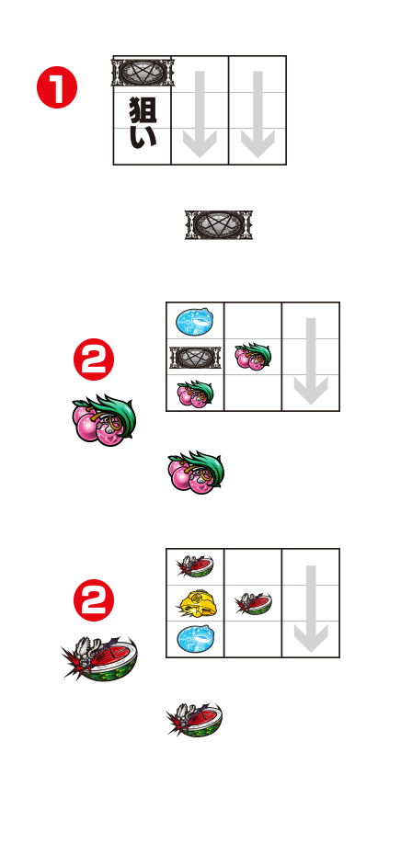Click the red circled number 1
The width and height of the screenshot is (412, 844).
tap(57, 87)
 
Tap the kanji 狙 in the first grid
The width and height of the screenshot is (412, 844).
tap(143, 109)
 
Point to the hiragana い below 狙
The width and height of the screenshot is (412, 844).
tap(143, 137)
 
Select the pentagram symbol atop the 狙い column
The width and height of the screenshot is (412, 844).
tap(143, 72)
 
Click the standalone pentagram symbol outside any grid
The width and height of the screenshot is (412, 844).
tap(219, 225)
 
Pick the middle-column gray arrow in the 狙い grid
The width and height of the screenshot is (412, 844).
tap(200, 114)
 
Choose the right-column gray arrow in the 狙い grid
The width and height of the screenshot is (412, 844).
tap(257, 114)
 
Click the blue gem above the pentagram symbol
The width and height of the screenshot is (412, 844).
tap(194, 321)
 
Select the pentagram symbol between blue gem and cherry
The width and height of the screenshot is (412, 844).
tap(195, 358)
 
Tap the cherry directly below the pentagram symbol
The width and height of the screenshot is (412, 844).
tap(195, 393)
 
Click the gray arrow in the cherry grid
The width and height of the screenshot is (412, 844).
tap(311, 361)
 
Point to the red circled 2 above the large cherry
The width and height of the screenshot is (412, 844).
tap(94, 359)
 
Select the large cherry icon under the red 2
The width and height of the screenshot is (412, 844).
tap(104, 420)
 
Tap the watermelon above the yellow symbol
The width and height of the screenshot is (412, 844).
tap(194, 566)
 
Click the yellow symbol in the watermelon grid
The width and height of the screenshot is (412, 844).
tap(194, 603)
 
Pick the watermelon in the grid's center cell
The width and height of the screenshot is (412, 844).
tap(253, 603)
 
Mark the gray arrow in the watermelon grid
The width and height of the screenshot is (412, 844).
tap(311, 609)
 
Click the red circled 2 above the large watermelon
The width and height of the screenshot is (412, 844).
tap(94, 600)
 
